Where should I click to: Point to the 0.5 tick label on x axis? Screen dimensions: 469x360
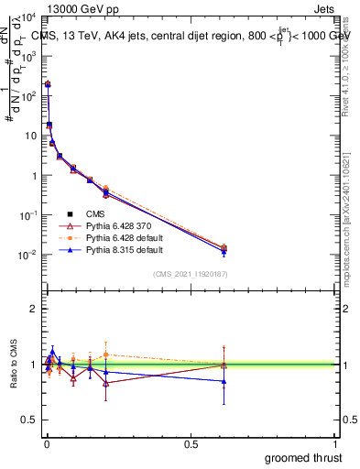[x=191, y=444]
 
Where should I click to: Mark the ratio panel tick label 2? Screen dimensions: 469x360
[x=33, y=309]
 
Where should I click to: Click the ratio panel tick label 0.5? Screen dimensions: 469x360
[x=27, y=420]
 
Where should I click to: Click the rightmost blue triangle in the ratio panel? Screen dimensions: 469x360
[x=224, y=381]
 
